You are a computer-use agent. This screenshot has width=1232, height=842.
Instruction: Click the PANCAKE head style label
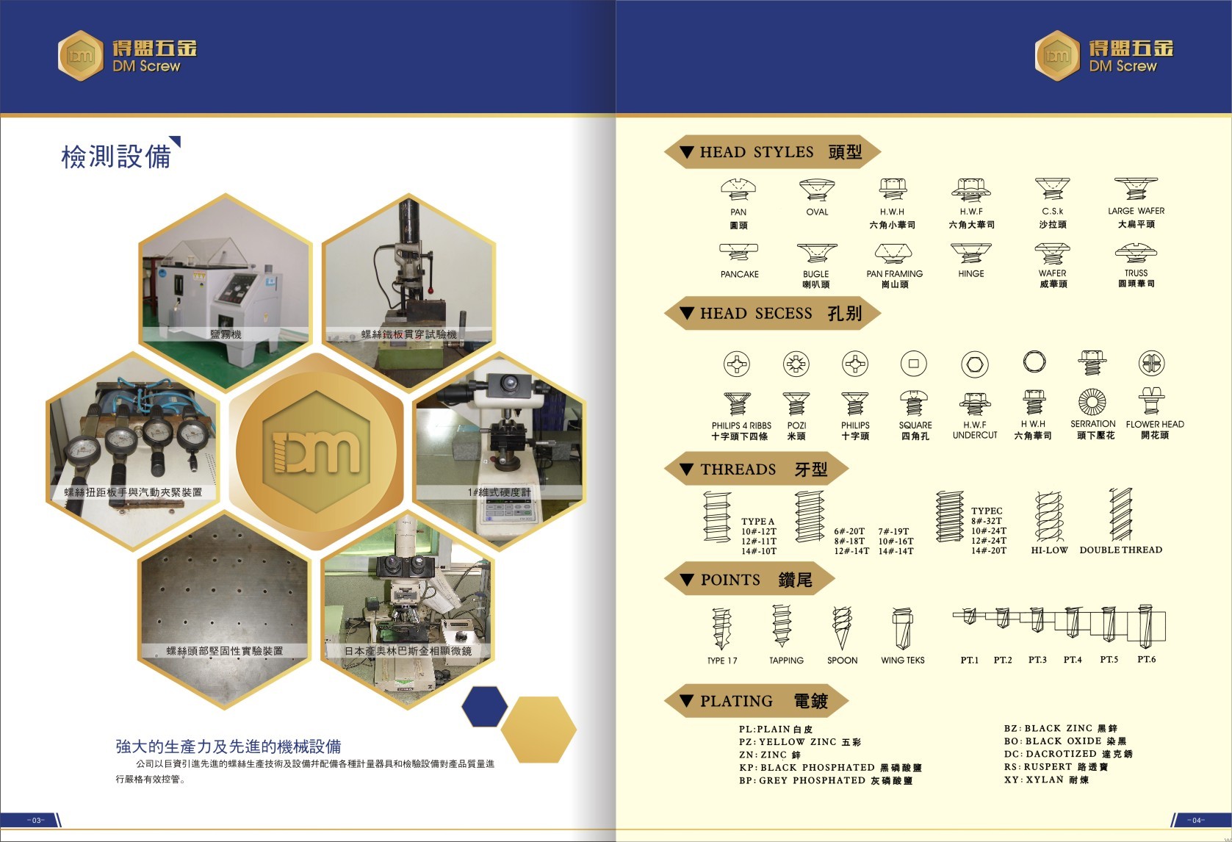click(x=739, y=274)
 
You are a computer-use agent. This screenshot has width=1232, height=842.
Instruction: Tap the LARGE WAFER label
click(x=1136, y=211)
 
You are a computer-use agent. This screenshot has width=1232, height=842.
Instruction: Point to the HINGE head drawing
click(x=970, y=253)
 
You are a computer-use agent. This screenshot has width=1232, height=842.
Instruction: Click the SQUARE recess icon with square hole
click(x=913, y=363)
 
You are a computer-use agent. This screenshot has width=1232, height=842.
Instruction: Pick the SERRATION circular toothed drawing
click(x=1092, y=402)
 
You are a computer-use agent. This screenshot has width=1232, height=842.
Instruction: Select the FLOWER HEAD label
click(x=1154, y=424)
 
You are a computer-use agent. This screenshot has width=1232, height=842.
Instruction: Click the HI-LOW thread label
click(x=1049, y=550)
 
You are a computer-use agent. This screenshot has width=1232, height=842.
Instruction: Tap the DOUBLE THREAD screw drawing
click(x=1120, y=514)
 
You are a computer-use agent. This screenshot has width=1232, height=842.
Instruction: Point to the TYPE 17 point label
click(x=721, y=661)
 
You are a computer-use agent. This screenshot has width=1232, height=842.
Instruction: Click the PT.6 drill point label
click(x=1146, y=659)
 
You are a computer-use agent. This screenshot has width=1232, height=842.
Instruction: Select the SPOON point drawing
click(x=842, y=628)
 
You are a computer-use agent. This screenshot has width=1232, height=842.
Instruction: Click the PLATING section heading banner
click(x=757, y=701)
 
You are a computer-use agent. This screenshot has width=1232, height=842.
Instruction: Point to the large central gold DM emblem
click(x=316, y=450)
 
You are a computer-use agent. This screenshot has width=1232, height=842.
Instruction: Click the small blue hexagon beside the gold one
click(x=484, y=705)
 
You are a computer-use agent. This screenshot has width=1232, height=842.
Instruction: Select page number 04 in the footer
click(x=1195, y=820)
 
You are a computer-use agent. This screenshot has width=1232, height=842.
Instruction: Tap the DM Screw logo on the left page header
click(x=128, y=55)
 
